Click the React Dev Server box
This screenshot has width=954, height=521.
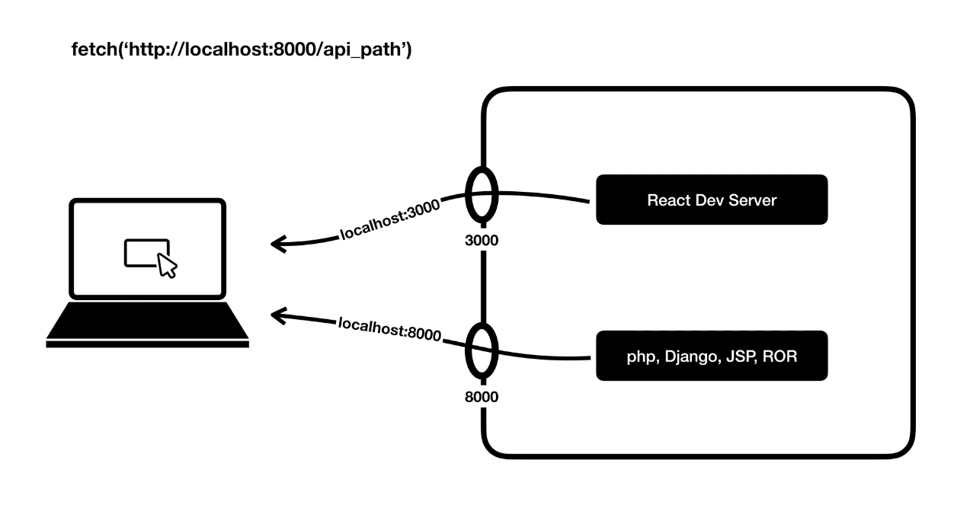711,200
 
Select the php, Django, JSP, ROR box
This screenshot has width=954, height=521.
711,356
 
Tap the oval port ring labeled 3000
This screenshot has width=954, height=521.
482,197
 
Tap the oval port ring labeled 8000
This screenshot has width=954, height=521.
482,352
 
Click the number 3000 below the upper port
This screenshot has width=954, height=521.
481,241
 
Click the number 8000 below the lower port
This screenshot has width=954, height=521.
481,397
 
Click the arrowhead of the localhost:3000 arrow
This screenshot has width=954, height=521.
279,244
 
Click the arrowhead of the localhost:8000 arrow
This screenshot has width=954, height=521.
279,314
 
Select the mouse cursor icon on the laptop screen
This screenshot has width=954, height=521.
168,265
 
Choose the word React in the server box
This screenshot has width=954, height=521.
664,200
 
